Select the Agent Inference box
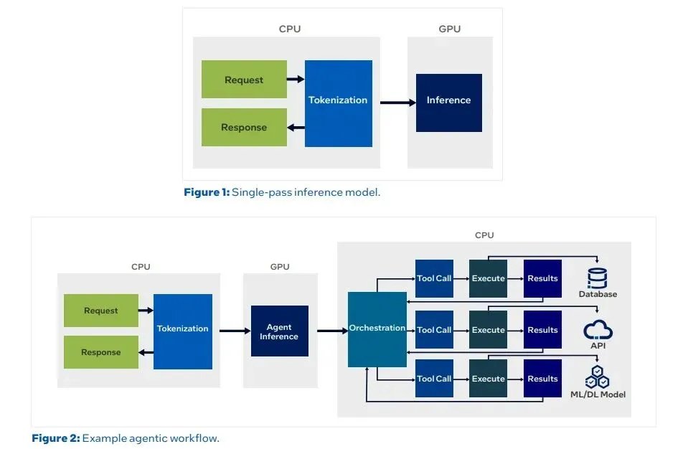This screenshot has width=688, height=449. click(279, 331)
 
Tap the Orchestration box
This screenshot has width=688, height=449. click(377, 329)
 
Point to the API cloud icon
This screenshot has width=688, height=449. click(598, 330)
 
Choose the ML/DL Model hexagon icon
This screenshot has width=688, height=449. click(598, 377)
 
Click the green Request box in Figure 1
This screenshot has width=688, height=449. click(244, 80)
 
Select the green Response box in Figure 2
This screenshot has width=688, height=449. click(101, 352)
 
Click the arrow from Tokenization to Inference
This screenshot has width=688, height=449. click(397, 103)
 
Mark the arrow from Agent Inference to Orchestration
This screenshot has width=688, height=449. click(331, 331)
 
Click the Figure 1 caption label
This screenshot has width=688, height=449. click(207, 192)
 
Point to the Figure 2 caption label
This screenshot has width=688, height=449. click(56, 438)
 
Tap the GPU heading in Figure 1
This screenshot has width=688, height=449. click(449, 29)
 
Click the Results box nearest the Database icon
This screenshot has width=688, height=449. click(542, 278)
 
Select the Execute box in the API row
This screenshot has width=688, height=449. click(488, 330)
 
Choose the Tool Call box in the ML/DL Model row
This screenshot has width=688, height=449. click(434, 379)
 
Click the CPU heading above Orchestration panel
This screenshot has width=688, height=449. click(484, 235)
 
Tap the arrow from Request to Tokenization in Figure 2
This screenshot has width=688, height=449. click(146, 311)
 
